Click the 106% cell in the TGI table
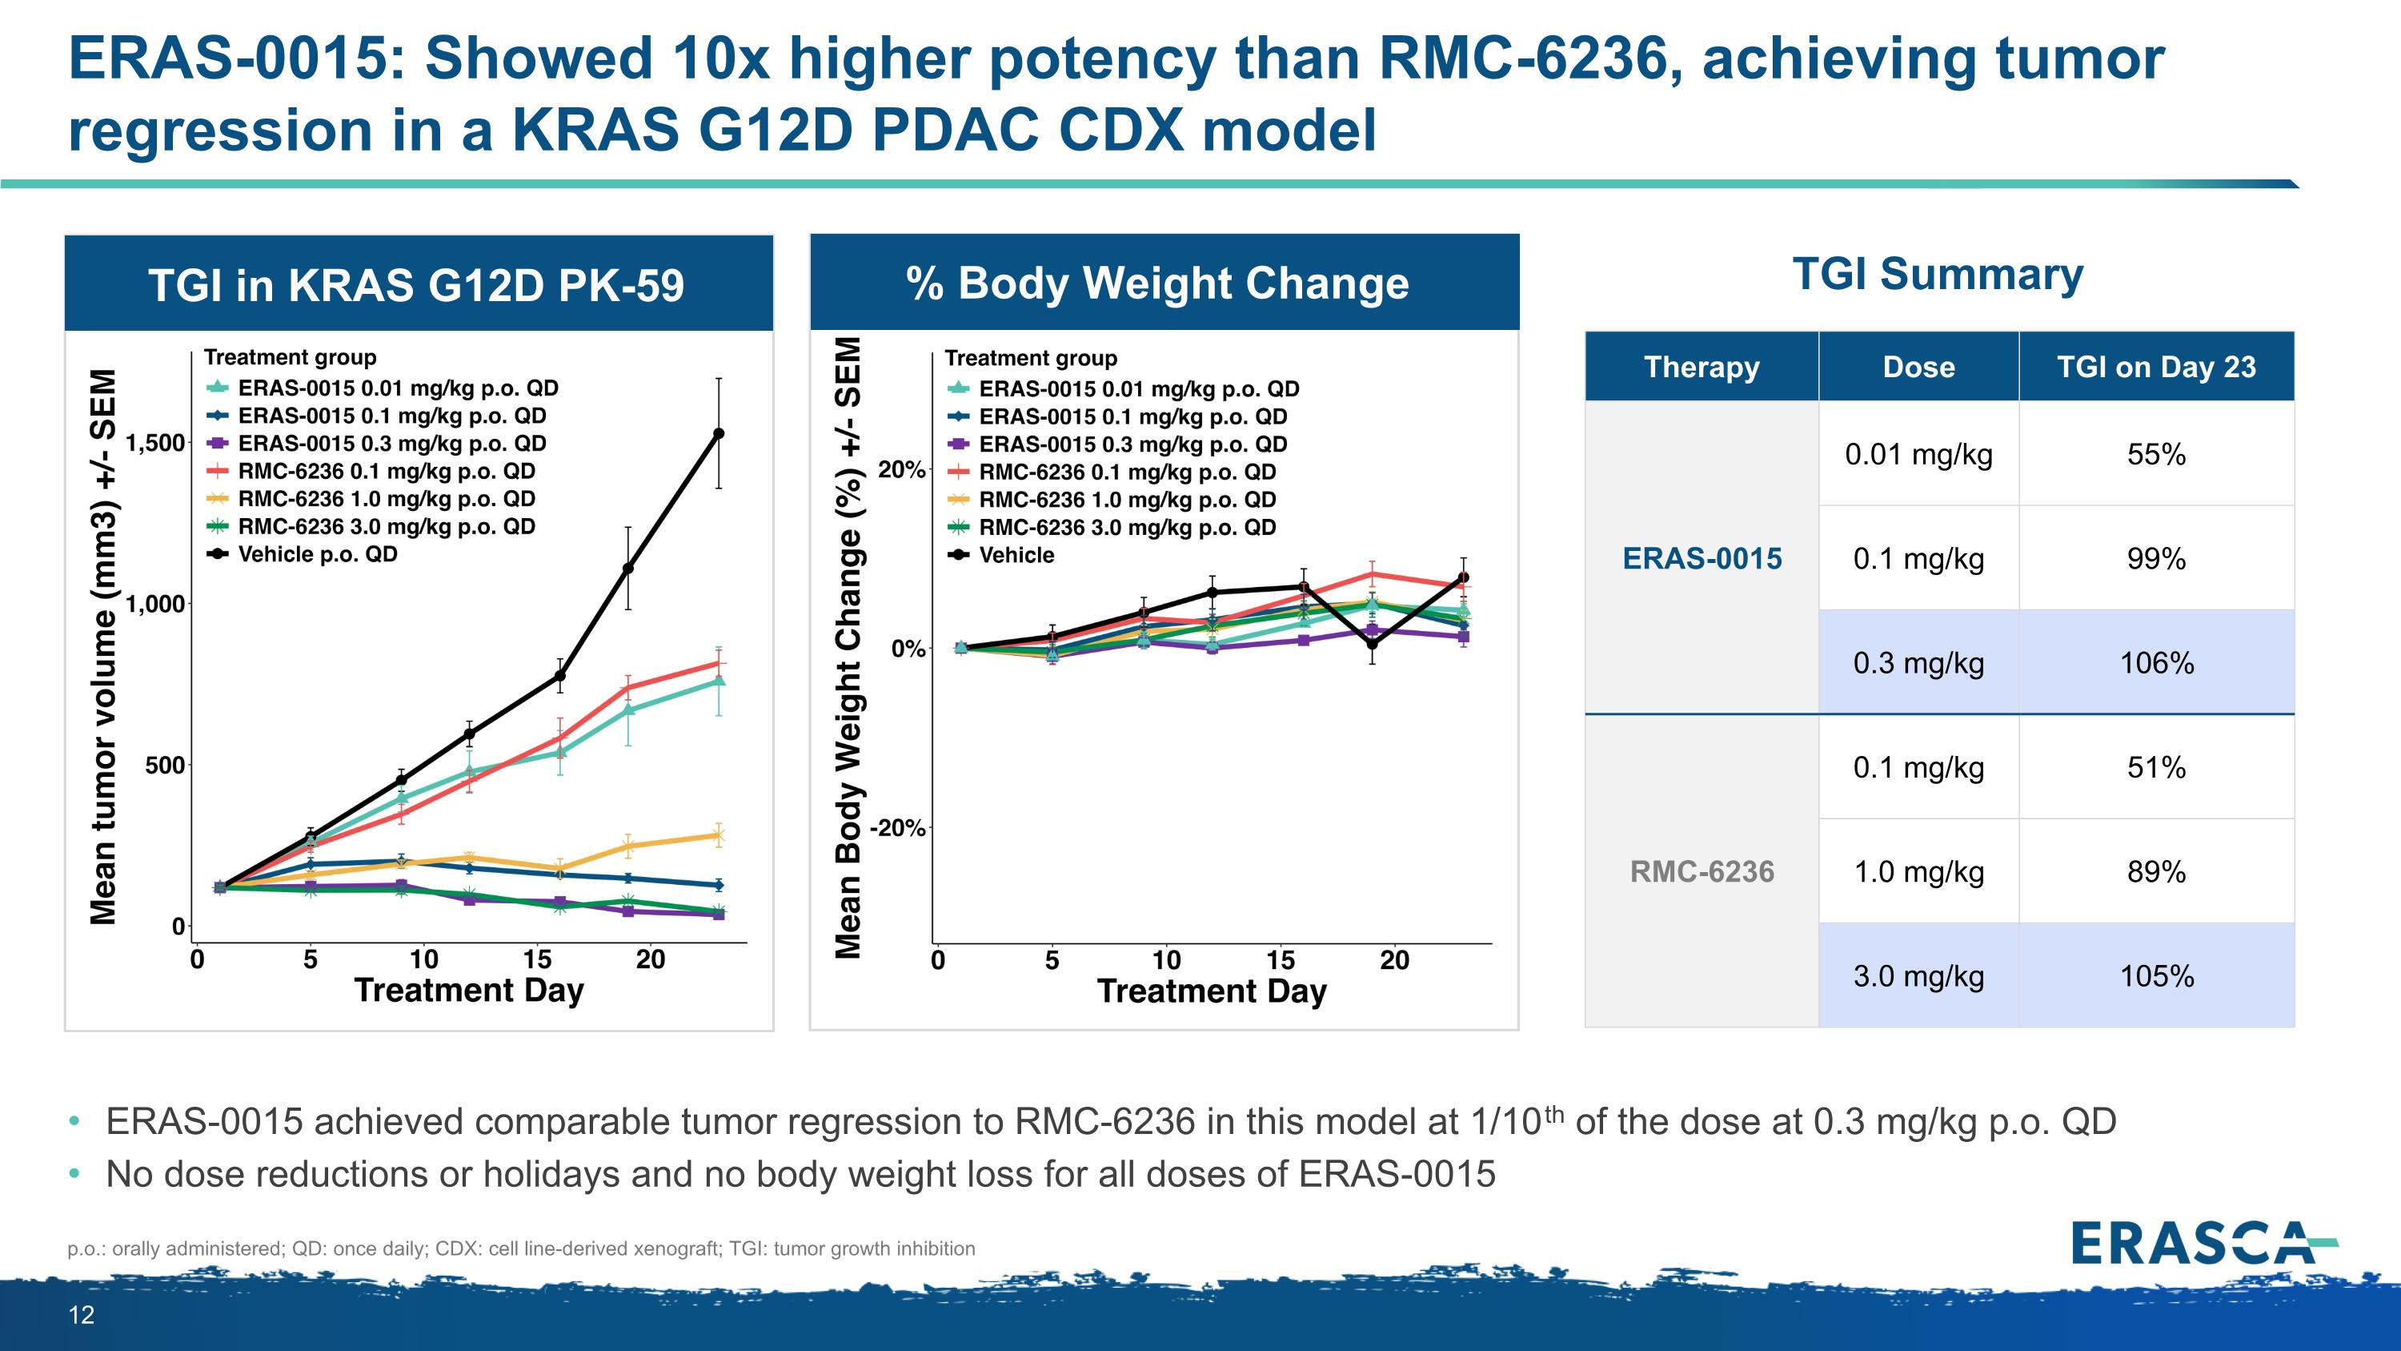click(x=2156, y=663)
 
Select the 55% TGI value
click(x=2156, y=454)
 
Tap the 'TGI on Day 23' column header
click(x=2156, y=367)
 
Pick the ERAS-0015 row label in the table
click(x=1702, y=558)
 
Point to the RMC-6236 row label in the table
click(x=1702, y=872)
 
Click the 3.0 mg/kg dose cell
click(x=1918, y=976)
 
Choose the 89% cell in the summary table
click(x=2156, y=872)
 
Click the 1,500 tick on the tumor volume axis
click(x=154, y=443)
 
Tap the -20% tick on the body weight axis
click(x=896, y=828)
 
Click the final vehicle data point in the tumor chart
click(x=719, y=433)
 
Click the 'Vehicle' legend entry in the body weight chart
click(x=1016, y=556)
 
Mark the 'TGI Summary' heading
click(x=1938, y=274)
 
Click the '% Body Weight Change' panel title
click(x=1156, y=283)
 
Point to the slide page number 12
click(x=82, y=1315)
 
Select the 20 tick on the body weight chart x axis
click(x=1394, y=960)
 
